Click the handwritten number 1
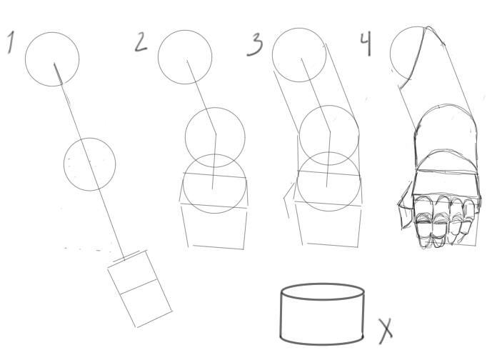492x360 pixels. coord(11,42)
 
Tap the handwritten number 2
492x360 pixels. coord(141,42)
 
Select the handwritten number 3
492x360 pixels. coord(255,44)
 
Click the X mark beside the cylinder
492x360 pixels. coord(386,331)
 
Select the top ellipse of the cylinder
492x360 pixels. coord(323,284)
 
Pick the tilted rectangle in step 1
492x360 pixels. coord(140,289)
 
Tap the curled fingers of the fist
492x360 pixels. coord(445,221)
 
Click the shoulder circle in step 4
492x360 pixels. coord(391,54)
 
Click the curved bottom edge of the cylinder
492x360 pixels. coord(322,344)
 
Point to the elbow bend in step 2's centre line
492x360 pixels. coord(216,134)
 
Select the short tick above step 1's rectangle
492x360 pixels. coord(126,256)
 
